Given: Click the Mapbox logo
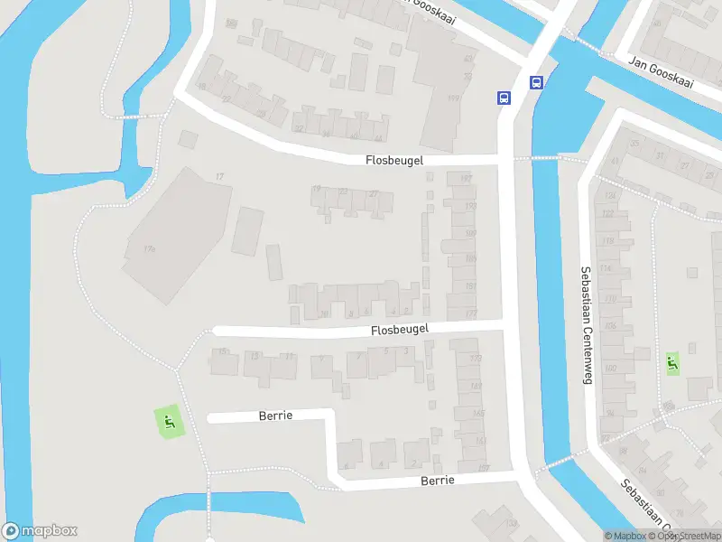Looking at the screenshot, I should [x=40, y=531].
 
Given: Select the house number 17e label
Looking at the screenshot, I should [x=148, y=248].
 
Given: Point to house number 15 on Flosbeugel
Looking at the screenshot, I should [x=222, y=352].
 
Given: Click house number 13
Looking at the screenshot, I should [x=255, y=356].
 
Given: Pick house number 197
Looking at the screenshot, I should [x=467, y=178].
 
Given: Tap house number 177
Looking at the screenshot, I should [x=470, y=313].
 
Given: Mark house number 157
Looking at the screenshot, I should [x=483, y=468].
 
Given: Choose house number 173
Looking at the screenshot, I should [x=476, y=359].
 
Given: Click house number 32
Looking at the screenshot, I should [x=299, y=127].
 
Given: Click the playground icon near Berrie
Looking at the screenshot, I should [x=168, y=421].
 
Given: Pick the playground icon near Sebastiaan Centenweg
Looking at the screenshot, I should [x=671, y=364].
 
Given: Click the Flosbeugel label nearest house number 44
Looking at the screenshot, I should [x=394, y=160].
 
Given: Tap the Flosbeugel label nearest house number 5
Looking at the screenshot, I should [x=399, y=331].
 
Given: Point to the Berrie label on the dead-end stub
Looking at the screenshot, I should [x=276, y=416].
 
